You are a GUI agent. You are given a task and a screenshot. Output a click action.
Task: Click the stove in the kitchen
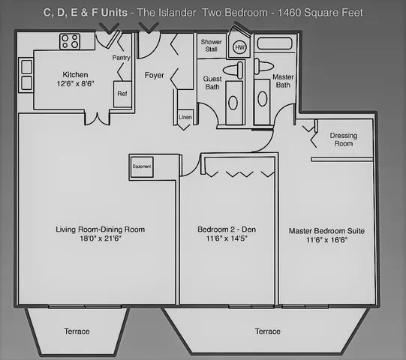[x=70, y=41]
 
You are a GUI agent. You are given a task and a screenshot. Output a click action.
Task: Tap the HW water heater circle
[x=239, y=47]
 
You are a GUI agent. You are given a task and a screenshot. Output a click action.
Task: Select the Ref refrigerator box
[x=122, y=94]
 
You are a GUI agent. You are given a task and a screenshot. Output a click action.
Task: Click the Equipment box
[x=142, y=167]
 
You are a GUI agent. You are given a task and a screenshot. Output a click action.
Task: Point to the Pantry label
[x=121, y=58]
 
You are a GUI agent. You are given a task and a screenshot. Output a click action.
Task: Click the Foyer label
[x=155, y=75]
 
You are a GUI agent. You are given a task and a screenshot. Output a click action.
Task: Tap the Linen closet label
[x=185, y=117]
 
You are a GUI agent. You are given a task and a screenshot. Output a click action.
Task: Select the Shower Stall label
[x=212, y=45]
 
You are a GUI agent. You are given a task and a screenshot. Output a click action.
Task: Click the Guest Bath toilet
[x=233, y=70]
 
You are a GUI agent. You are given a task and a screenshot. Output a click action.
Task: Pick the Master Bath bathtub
[x=275, y=43]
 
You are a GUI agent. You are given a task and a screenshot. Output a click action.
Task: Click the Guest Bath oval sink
[x=233, y=103]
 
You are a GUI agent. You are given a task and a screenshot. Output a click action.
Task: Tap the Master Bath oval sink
[x=263, y=99]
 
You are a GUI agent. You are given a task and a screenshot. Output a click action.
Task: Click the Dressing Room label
[x=344, y=139]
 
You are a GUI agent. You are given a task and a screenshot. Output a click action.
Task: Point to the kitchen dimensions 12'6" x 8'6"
[x=75, y=83]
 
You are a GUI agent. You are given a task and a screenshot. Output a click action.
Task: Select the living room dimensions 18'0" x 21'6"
[x=101, y=238]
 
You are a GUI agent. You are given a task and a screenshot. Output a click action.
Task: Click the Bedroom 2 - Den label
[x=227, y=229]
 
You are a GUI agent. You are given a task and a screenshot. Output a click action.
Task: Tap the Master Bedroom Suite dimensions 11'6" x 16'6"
[x=326, y=240]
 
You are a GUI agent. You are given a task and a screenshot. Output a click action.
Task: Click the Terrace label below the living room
[x=77, y=331]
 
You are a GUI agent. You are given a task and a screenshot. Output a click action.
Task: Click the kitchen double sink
[x=27, y=75]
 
